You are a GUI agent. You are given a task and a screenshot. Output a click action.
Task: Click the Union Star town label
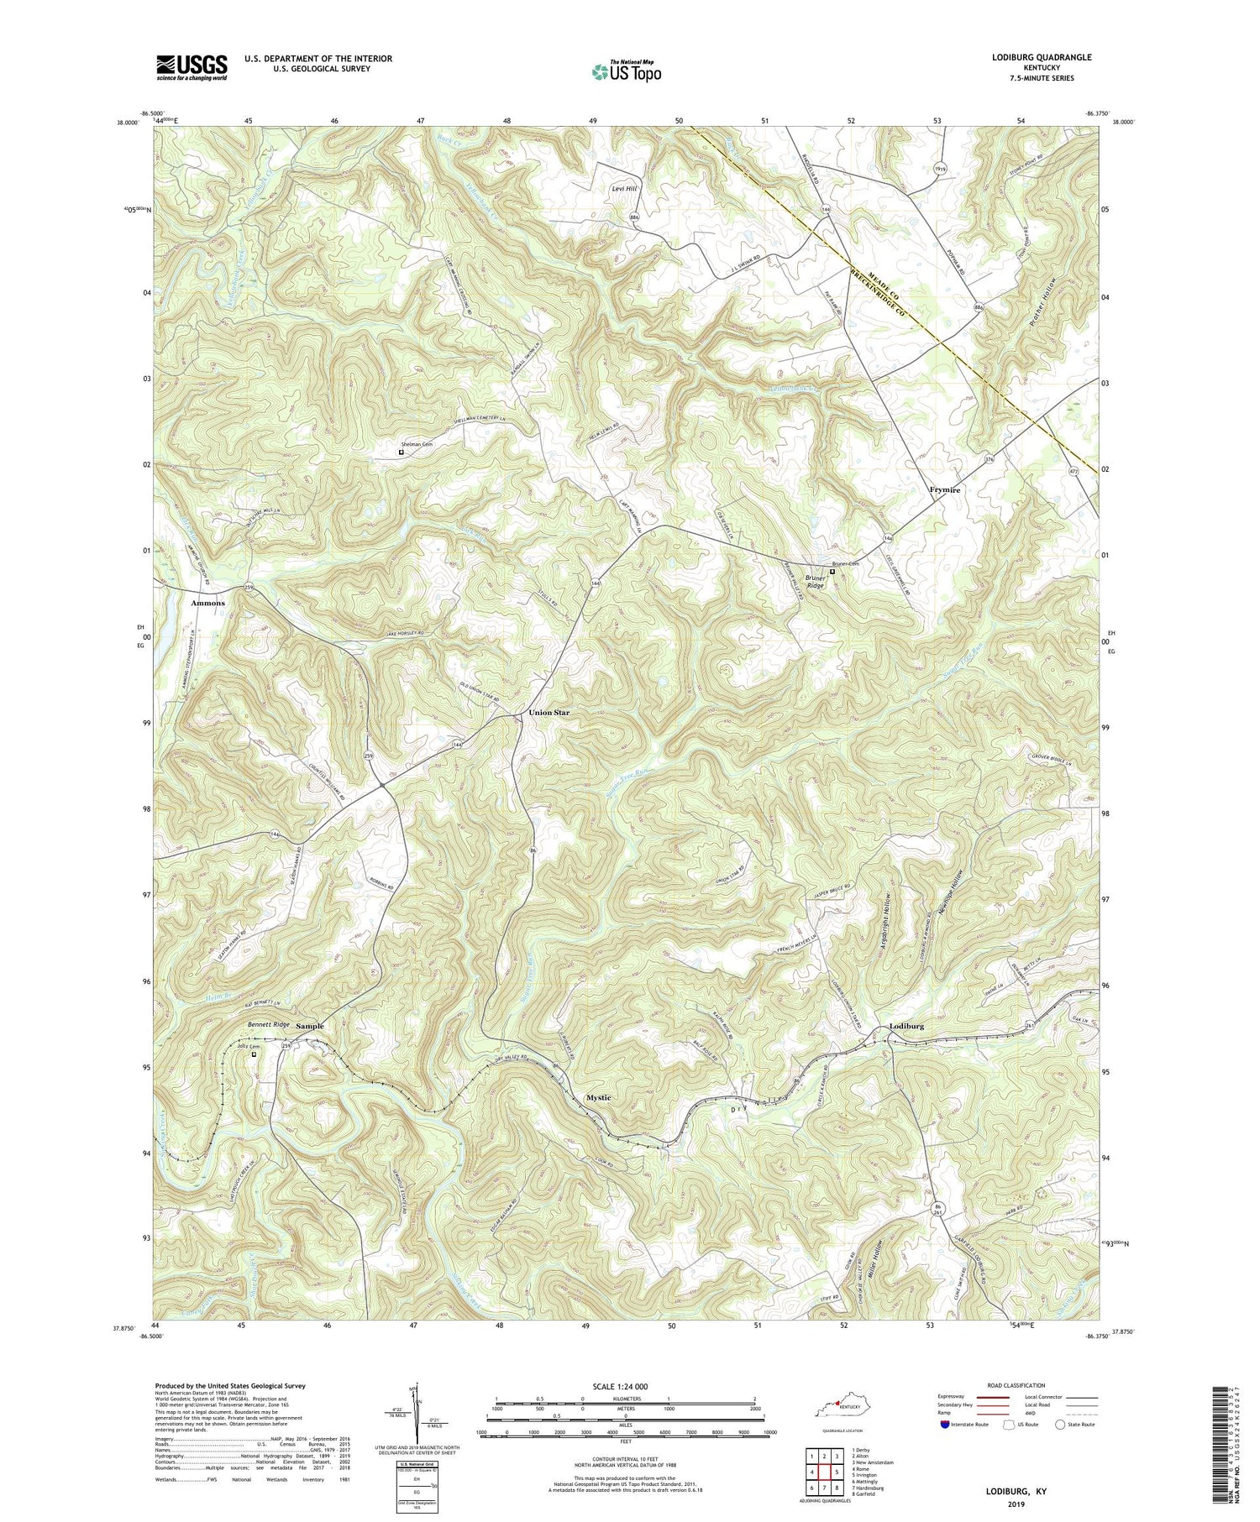[549, 713]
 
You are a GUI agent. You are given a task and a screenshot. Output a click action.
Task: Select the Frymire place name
[945, 489]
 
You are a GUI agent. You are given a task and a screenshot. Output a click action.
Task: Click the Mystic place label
[598, 1097]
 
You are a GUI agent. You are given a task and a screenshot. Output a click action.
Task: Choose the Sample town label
[309, 1026]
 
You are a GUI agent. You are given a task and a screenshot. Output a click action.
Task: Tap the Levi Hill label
[624, 189]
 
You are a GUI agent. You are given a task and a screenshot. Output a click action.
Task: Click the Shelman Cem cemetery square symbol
[401, 452]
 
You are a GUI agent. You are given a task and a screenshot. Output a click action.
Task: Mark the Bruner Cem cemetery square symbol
[832, 572]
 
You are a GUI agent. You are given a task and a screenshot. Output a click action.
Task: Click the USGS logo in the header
[192, 67]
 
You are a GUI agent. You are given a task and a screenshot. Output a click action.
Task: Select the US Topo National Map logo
[627, 71]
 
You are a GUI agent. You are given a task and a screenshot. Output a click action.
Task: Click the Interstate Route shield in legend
[946, 1425]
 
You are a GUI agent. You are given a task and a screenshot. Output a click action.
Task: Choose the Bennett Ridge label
[269, 1025]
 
